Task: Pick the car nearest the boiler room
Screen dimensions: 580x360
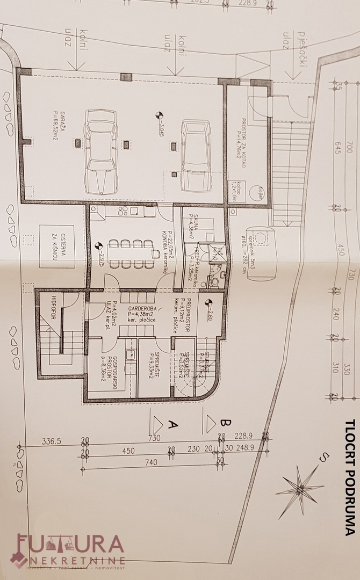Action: (x=195, y=155)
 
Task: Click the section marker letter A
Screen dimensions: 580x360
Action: (x=174, y=424)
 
